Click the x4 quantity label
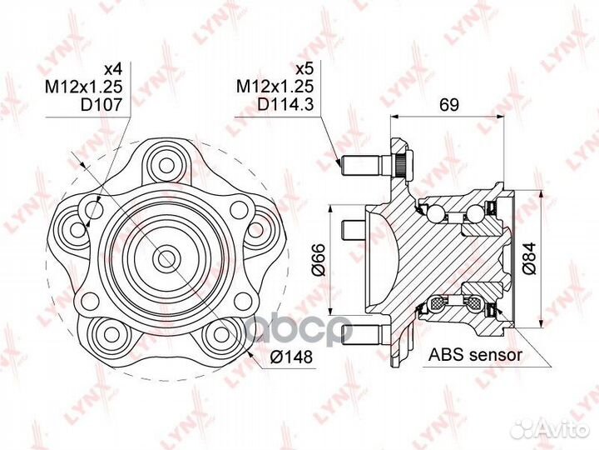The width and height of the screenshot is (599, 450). coord(112,69)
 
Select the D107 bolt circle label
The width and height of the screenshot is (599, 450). coord(101,104)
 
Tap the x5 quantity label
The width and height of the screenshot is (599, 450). coord(304,69)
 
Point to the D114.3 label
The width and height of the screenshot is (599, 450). coord(285,104)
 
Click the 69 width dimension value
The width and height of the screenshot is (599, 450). coord(449,104)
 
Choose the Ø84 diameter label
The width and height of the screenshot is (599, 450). coord(529,258)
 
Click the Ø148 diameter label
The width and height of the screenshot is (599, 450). coord(291,357)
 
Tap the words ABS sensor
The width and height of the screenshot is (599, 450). coord(475,355)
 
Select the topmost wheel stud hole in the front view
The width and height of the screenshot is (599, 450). coord(166,166)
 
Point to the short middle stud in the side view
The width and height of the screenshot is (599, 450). coord(354,230)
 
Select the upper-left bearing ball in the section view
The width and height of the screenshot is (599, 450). coord(435,212)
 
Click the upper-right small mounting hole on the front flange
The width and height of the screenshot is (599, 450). coord(240,209)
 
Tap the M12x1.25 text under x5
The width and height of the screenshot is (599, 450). coord(275,87)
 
